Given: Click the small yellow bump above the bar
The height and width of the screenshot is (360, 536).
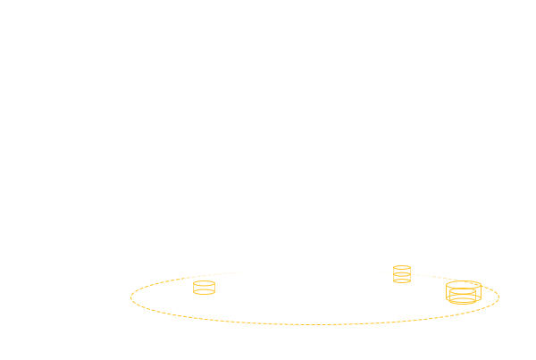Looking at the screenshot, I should click(x=402, y=266).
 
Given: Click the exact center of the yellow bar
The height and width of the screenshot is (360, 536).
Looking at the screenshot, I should click(x=314, y=297).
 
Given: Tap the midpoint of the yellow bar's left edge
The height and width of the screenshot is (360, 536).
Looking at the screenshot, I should click(x=130, y=297).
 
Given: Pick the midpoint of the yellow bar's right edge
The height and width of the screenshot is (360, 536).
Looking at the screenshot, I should click(x=499, y=297).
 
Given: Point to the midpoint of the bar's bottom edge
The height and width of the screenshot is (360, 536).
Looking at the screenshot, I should click(x=314, y=325).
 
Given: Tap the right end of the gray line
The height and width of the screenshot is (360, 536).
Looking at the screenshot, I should click(x=534, y=359).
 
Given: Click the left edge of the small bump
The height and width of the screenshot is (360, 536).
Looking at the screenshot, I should click(x=392, y=266).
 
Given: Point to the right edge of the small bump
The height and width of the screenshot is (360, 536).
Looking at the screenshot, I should click(x=412, y=266).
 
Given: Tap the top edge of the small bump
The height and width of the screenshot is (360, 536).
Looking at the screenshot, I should click(x=402, y=264).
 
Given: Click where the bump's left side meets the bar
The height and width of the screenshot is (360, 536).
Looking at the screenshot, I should click(x=392, y=269).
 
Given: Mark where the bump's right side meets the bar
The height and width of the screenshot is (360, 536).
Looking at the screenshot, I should click(x=412, y=269).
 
